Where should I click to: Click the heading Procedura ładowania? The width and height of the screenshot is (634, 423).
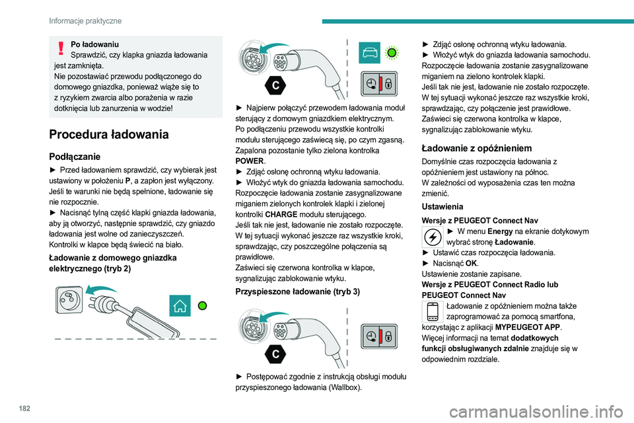coord(108,135)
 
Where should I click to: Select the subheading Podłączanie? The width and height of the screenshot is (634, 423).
coord(75,157)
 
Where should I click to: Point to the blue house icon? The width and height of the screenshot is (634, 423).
coord(180,306)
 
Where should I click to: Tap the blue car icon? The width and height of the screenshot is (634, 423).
coord(370,52)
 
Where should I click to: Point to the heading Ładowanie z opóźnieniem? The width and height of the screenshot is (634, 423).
coord(476,148)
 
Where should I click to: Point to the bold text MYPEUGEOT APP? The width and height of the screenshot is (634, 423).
coord(527,327)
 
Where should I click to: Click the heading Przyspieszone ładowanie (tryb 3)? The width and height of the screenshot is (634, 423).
coord(297,291)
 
